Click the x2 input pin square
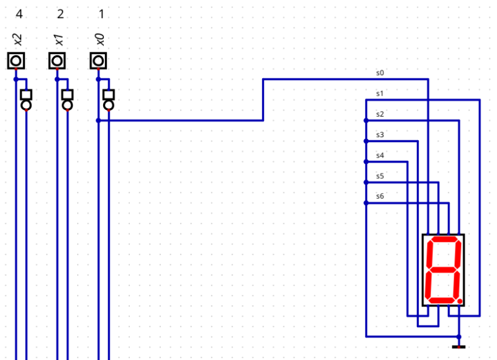click(x=16, y=60)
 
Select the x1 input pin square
click(x=57, y=60)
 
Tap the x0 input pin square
click(x=98, y=60)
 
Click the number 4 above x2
click(x=19, y=14)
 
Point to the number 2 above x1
click(x=60, y=14)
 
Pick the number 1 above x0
click(x=101, y=14)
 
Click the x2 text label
click(x=18, y=40)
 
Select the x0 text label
click(x=100, y=40)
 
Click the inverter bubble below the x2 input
click(x=26, y=105)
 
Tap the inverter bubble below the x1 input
click(x=67, y=105)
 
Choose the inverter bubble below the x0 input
click(x=108, y=105)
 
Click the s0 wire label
click(x=380, y=73)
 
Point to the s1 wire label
click(x=380, y=94)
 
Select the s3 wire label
click(x=380, y=135)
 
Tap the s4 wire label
click(x=380, y=155)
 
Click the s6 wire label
click(x=380, y=196)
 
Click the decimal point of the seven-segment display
click(x=460, y=301)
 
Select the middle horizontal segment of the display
click(x=443, y=270)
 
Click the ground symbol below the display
click(x=458, y=347)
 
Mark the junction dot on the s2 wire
click(x=366, y=120)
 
